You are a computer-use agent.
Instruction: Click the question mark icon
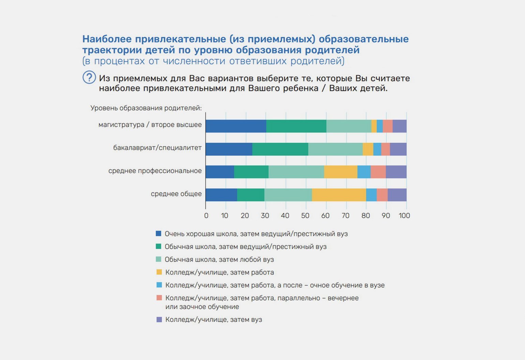(89, 78)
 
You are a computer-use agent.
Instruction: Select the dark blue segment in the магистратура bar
(236, 126)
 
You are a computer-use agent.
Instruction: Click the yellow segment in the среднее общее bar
(339, 195)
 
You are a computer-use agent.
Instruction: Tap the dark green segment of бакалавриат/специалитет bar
(280, 149)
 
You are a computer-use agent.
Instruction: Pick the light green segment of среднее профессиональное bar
(296, 172)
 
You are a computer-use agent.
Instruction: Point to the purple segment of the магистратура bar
(400, 126)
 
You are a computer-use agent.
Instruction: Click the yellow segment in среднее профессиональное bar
(341, 172)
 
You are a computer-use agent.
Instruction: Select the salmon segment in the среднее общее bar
(382, 195)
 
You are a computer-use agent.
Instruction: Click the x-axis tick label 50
(305, 216)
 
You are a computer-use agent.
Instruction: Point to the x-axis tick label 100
(404, 216)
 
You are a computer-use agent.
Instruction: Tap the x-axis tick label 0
(206, 216)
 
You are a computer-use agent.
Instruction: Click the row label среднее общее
(176, 194)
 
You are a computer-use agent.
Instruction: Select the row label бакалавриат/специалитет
(157, 148)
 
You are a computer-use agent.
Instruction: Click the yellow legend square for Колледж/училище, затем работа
(159, 272)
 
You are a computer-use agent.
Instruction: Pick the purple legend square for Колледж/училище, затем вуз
(159, 319)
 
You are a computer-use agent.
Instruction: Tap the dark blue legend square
(159, 234)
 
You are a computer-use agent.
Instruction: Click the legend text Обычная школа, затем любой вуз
(219, 260)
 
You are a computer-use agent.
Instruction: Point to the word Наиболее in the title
(107, 39)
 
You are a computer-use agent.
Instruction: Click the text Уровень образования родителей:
(146, 108)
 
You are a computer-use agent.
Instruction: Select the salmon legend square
(159, 298)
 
